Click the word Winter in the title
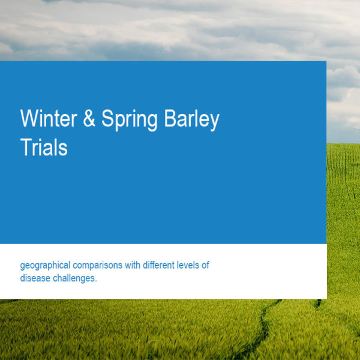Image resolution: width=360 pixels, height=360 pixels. click(x=49, y=118)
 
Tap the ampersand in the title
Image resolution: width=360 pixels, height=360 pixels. click(x=89, y=118)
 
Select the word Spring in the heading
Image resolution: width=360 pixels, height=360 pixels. click(x=130, y=120)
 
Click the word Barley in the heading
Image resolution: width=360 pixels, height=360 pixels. click(x=192, y=120)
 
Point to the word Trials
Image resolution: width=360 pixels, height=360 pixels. click(x=44, y=147)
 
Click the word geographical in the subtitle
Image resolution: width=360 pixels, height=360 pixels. click(x=45, y=266)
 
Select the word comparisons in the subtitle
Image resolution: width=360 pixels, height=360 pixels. click(x=98, y=266)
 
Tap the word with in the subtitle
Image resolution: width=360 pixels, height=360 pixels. click(x=133, y=265)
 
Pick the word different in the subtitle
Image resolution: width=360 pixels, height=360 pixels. click(x=158, y=265)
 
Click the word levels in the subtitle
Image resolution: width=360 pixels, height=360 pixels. click(x=188, y=265)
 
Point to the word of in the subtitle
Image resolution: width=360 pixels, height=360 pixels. click(x=205, y=265)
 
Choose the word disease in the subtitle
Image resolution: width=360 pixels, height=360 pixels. click(x=35, y=278)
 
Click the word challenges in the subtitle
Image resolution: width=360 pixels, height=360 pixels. click(x=73, y=279)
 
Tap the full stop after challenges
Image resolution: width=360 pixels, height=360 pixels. click(x=96, y=281)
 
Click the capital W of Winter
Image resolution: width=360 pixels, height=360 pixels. click(x=29, y=118)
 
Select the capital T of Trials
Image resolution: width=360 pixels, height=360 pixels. click(x=26, y=147)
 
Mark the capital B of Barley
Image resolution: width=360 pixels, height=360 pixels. click(x=170, y=118)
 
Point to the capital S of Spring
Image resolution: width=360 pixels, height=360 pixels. click(x=107, y=118)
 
